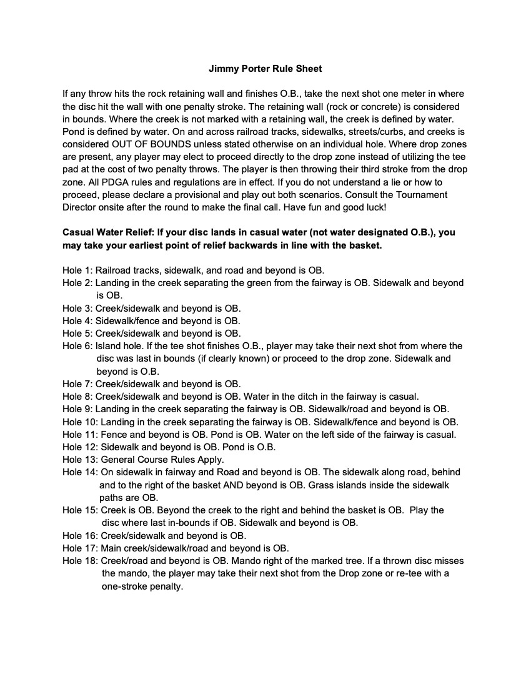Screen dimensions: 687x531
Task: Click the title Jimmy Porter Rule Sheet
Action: coord(265,68)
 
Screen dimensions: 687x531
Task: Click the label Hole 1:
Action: coord(77,270)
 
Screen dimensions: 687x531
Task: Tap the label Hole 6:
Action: coord(77,345)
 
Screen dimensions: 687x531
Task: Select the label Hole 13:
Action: coord(80,459)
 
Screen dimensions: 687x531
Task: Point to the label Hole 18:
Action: coord(80,560)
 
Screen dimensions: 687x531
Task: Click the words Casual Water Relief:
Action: coord(108,232)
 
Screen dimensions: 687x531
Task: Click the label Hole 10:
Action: coord(80,422)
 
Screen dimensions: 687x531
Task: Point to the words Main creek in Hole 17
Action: coord(126,548)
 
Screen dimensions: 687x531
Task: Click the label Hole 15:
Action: coord(80,510)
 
